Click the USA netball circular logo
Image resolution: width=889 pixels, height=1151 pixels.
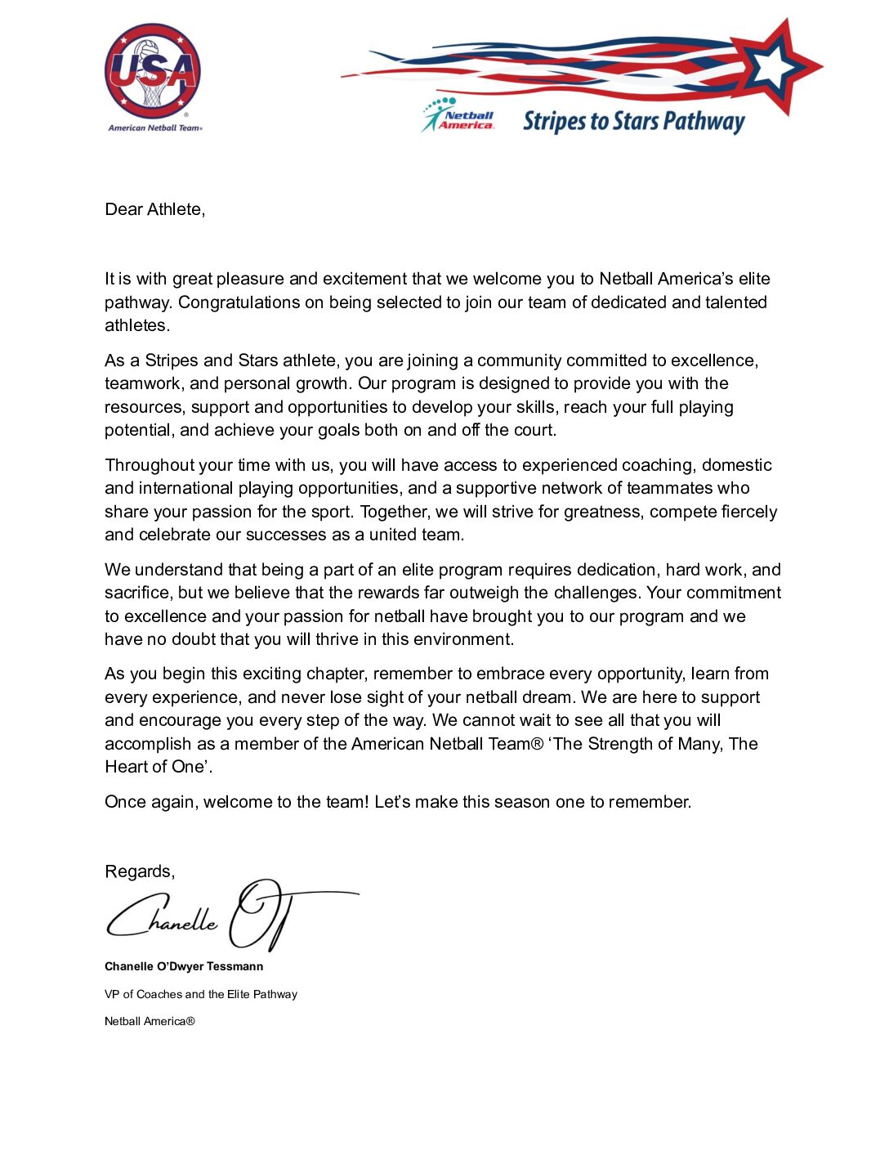coord(152,72)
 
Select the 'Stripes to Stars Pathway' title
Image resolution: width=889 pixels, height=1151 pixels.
coord(633,122)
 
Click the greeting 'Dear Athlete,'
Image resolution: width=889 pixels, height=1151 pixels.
coord(154,209)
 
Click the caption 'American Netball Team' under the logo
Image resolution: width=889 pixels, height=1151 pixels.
coord(154,128)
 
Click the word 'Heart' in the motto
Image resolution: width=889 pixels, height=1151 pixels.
coord(125,767)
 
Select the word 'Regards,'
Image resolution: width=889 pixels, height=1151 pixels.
coord(140,871)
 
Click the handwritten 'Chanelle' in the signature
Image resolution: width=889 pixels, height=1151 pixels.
coord(163,917)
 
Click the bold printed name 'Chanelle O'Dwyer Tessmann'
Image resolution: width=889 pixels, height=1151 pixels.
coord(184,966)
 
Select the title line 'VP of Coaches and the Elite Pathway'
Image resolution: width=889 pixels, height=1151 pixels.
coord(201,994)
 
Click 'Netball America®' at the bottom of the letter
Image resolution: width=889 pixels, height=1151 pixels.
coord(150,1021)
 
